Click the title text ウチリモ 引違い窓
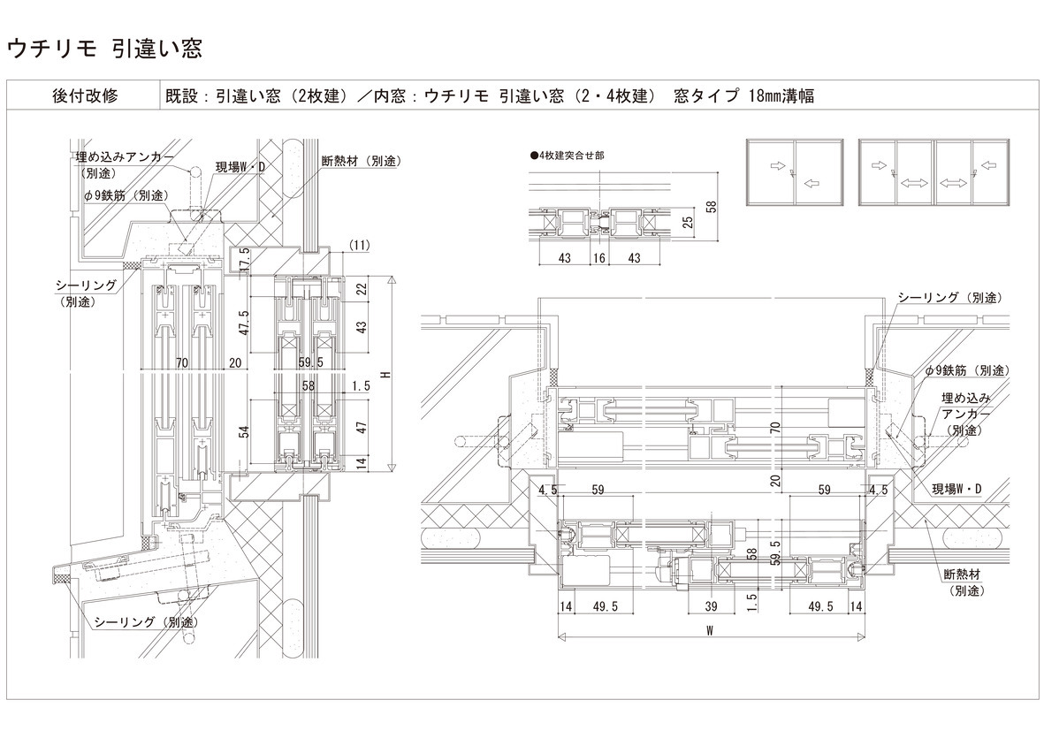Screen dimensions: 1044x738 click(x=103, y=49)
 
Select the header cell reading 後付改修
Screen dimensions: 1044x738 click(x=85, y=95)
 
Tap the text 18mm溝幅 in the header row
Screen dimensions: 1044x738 click(x=781, y=95)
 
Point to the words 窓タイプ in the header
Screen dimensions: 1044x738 click(x=705, y=95)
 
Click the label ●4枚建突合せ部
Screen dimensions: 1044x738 click(x=567, y=156)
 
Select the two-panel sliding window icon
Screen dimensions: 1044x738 click(x=795, y=173)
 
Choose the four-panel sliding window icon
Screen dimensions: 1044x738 click(x=934, y=173)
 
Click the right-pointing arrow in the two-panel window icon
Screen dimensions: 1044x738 click(x=778, y=165)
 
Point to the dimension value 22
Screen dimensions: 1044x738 click(x=362, y=288)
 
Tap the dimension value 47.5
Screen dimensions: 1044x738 click(x=244, y=322)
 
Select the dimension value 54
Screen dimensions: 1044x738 click(x=244, y=431)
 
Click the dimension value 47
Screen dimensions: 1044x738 click(x=362, y=428)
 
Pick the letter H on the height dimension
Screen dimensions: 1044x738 click(x=385, y=376)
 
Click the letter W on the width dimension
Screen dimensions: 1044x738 click(x=711, y=630)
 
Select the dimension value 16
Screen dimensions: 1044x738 click(x=599, y=257)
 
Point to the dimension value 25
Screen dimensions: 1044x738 click(x=689, y=220)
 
